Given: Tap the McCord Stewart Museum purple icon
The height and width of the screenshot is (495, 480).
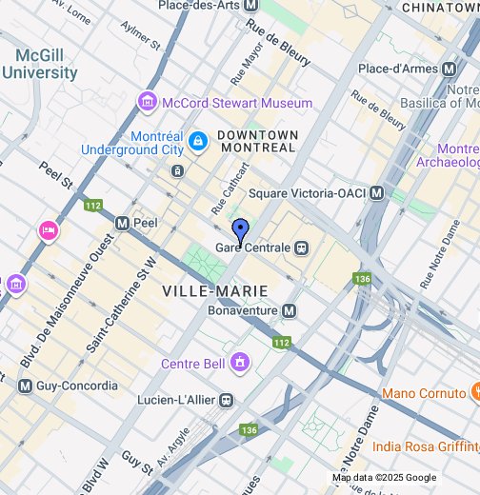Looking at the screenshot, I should click(147, 102).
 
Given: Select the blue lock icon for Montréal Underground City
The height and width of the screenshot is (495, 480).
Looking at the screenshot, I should click(197, 142).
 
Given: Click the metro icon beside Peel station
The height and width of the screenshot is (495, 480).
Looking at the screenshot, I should click(122, 223).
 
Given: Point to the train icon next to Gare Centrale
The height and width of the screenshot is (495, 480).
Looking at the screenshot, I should click(302, 247).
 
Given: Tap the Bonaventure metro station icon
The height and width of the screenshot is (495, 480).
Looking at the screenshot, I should click(289, 311).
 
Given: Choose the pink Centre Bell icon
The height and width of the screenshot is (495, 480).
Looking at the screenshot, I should click(240, 363).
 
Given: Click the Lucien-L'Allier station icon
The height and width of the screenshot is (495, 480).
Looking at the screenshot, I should click(227, 400).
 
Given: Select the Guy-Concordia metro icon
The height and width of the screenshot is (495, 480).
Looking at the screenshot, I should click(25, 386).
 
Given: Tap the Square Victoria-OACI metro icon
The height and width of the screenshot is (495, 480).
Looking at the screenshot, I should click(377, 193).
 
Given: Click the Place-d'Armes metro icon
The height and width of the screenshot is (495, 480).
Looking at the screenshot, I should click(448, 69).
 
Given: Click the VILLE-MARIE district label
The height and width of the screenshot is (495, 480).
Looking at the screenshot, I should click(214, 289).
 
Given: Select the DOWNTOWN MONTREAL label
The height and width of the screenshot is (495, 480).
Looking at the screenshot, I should click(257, 141).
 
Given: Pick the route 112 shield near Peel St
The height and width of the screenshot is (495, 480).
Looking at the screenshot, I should click(92, 205).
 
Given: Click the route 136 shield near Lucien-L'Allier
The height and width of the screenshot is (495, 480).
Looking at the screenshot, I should click(249, 430).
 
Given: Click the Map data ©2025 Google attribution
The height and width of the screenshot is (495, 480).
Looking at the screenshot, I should click(384, 478).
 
